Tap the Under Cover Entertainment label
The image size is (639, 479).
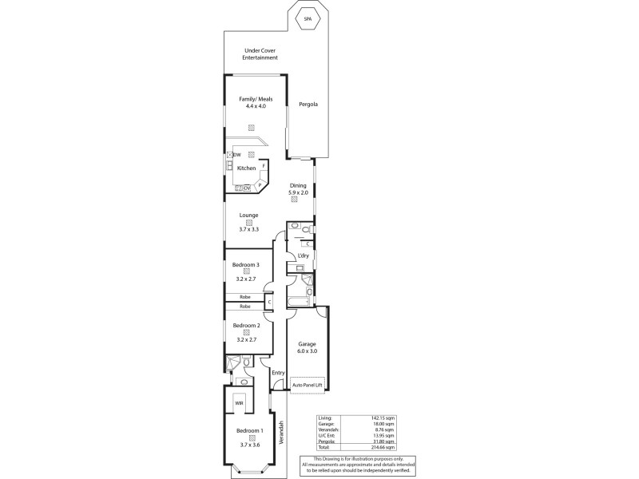[260, 54]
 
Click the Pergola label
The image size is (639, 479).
[308, 104]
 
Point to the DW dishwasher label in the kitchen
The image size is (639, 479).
[237, 154]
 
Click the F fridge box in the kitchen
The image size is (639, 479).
[263, 168]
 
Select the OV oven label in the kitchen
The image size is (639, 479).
[247, 188]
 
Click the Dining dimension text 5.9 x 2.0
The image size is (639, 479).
[298, 192]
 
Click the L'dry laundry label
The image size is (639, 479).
[303, 255]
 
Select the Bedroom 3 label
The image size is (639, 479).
[246, 263]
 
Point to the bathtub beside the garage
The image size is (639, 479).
[299, 301]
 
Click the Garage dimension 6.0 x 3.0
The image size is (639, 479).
[307, 351]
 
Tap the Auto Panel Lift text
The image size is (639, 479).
[308, 386]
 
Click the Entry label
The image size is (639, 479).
[277, 373]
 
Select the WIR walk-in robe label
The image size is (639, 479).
[239, 404]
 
